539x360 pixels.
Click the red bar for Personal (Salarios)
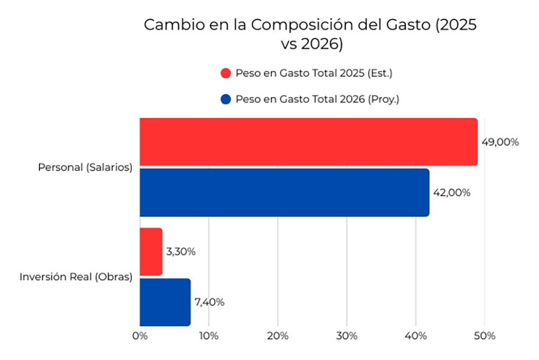[308, 142]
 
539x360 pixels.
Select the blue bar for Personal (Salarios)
[284, 192]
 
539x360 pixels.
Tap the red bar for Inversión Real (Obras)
[151, 252]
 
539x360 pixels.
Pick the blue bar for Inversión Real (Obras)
[165, 302]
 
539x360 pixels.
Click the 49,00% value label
[500, 142]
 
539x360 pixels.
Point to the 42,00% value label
[451, 193]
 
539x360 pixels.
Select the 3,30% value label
[180, 252]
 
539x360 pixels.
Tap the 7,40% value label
[209, 302]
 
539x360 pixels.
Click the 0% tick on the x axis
[140, 336]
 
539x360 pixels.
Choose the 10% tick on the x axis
[209, 336]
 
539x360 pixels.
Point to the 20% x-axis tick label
[278, 336]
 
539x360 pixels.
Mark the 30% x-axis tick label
[347, 336]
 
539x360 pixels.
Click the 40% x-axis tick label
[416, 336]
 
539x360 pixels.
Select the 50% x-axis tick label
[484, 336]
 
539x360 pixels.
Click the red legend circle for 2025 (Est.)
[226, 73]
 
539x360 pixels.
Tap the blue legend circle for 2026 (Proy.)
[226, 99]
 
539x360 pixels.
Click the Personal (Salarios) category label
[85, 167]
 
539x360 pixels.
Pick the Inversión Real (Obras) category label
[76, 277]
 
